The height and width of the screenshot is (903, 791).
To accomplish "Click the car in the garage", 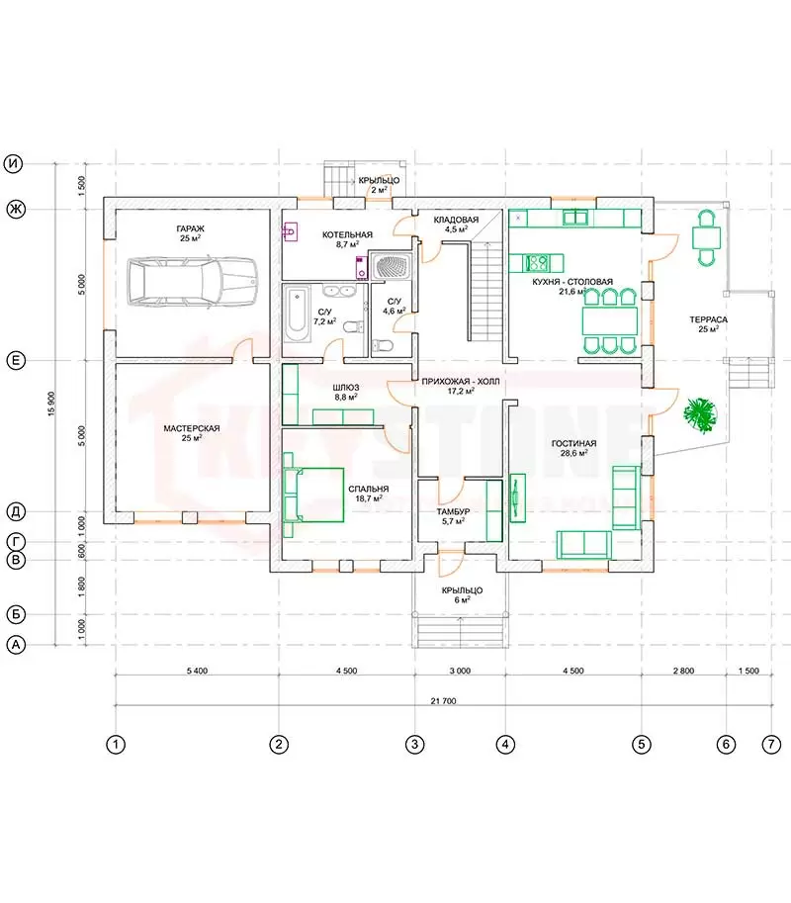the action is coord(192,282).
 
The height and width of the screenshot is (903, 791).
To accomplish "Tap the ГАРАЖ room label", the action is coord(191,228).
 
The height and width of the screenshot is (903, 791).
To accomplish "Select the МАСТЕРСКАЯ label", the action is coord(192,428).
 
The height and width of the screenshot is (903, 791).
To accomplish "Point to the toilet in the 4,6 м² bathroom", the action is coord(383,345).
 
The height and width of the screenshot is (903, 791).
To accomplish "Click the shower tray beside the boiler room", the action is coord(391,266).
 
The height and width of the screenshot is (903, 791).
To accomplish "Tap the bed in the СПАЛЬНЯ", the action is coord(313,495).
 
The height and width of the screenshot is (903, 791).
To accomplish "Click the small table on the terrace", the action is coord(706,237).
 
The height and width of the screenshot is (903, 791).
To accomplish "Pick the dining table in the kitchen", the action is coord(610,320).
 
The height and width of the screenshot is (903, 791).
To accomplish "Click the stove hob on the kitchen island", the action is coord(538,263).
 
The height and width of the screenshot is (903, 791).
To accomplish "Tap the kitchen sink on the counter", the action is coord(574,218).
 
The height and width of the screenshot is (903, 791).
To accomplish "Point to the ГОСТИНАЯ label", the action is coord(573,443).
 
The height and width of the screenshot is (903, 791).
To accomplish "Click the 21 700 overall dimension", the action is coord(443,701).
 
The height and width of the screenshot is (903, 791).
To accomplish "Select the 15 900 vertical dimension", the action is coord(51,404).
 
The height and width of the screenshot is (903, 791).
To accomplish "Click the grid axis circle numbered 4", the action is coord(505,745).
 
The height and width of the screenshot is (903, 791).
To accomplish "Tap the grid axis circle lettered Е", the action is coord(16,361).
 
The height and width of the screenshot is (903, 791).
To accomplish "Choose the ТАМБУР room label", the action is coord(453,511).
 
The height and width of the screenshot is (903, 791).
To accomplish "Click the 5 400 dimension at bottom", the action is coord(197,671).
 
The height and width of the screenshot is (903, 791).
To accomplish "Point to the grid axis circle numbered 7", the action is coord(771,745).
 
